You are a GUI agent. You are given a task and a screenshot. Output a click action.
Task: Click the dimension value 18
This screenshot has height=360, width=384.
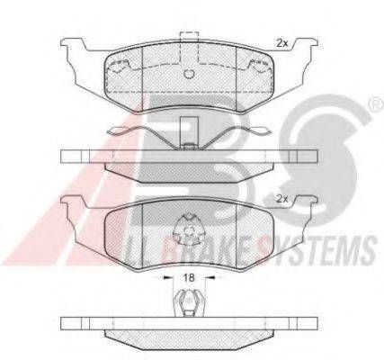click(x=189, y=277)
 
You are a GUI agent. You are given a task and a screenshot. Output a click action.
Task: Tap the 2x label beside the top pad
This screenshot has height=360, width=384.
click(x=281, y=44)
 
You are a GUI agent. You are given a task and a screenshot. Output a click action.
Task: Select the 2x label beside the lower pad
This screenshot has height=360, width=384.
click(x=281, y=199)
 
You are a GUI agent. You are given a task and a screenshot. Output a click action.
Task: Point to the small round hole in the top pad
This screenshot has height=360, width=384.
click(x=189, y=74)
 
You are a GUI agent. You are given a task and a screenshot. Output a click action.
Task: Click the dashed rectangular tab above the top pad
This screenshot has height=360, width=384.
click(x=189, y=47)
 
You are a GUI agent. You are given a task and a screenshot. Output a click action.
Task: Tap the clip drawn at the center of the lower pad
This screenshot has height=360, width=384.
click(x=189, y=229)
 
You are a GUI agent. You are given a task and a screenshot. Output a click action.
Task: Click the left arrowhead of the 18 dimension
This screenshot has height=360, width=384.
click(x=166, y=277)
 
